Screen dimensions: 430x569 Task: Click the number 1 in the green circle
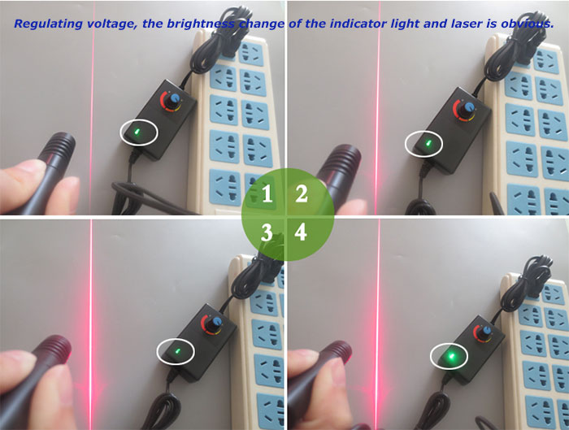pyautogui.click(x=267, y=194)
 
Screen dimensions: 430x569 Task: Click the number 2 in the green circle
pyautogui.click(x=302, y=194)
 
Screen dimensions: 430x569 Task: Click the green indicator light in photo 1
pyautogui.click(x=137, y=131)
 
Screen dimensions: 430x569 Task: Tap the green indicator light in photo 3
pyautogui.click(x=176, y=351)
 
